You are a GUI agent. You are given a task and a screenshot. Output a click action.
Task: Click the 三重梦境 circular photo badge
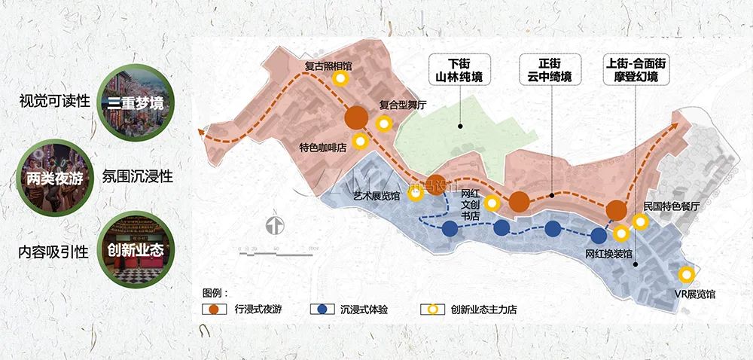coord(135,100)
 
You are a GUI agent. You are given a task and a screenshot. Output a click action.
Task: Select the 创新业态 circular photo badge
coord(135,249)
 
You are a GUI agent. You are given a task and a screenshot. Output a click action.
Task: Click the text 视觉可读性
coord(54,101)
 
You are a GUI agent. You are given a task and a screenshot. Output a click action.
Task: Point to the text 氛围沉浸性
coord(137,177)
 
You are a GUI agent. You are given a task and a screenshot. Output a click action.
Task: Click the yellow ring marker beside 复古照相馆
coord(340,78)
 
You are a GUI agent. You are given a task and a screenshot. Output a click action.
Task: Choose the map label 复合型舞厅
coord(402,106)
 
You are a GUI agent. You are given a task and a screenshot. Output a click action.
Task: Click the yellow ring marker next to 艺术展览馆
coord(415,194)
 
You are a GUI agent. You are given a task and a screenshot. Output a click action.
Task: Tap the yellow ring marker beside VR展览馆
coord(687,275)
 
